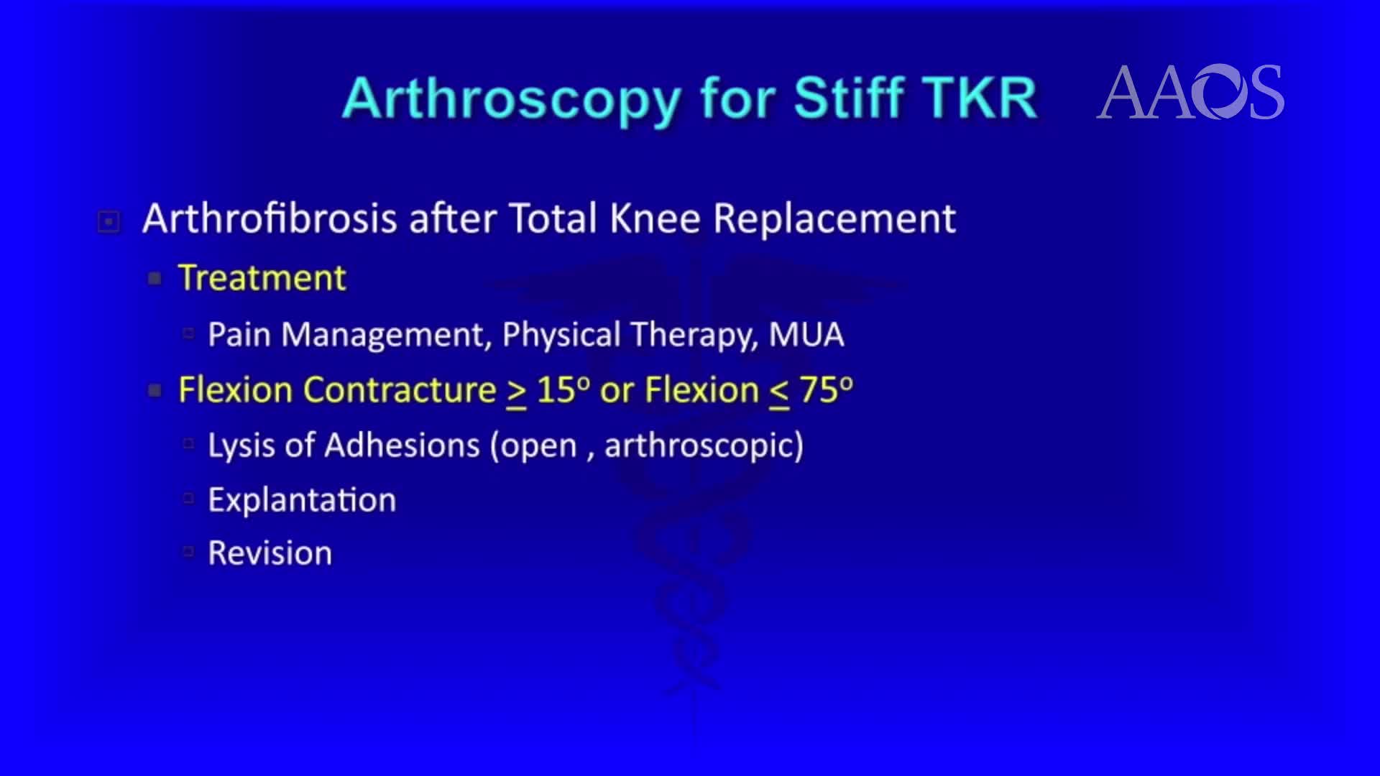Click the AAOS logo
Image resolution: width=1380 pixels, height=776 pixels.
click(1190, 92)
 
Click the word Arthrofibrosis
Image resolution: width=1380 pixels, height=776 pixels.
click(270, 218)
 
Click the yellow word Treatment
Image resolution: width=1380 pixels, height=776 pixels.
click(262, 278)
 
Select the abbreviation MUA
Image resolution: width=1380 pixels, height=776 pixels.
click(806, 335)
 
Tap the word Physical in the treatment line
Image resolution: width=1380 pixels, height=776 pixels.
click(561, 335)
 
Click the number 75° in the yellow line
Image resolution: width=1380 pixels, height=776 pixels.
click(826, 390)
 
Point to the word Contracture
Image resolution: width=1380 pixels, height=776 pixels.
click(400, 390)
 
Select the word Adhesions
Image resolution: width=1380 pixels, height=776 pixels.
click(402, 445)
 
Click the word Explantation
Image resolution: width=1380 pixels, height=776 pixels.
click(302, 500)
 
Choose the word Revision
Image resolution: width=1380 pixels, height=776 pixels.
click(270, 553)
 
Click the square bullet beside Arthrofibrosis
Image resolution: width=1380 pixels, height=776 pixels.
click(109, 221)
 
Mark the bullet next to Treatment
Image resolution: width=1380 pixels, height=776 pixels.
click(155, 279)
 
